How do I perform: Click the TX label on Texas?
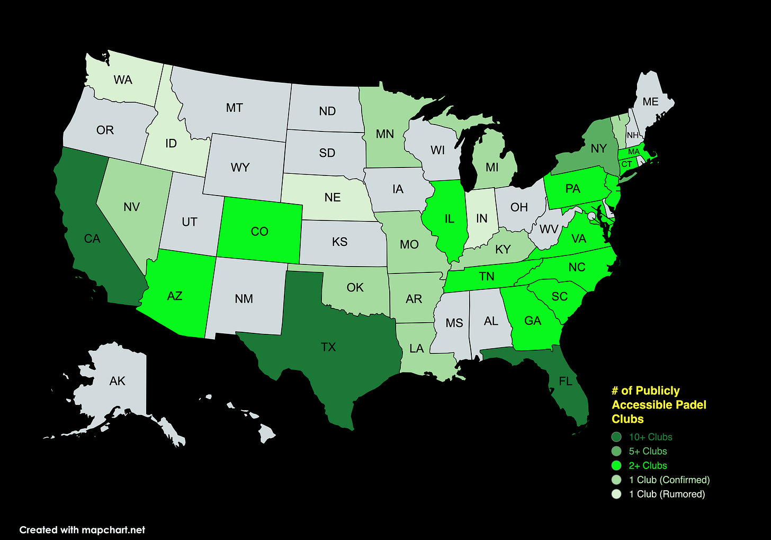click(x=328, y=347)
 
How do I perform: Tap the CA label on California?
click(x=92, y=239)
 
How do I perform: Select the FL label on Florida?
click(x=566, y=382)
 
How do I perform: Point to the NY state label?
click(x=598, y=148)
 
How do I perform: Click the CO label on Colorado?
click(x=259, y=232)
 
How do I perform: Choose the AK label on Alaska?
click(x=117, y=381)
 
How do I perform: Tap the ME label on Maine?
click(x=650, y=102)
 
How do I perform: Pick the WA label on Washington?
click(x=123, y=80)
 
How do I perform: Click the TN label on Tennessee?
click(x=487, y=276)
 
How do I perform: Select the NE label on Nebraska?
click(x=333, y=198)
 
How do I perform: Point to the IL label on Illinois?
click(x=450, y=219)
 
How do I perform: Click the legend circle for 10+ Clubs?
click(x=616, y=437)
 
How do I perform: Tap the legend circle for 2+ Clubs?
click(x=616, y=466)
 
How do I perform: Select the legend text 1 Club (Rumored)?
click(x=667, y=494)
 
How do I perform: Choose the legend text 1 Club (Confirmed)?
click(x=669, y=480)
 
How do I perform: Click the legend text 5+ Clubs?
click(x=648, y=452)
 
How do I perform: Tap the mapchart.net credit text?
click(x=113, y=530)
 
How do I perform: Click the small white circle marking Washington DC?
click(x=591, y=216)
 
